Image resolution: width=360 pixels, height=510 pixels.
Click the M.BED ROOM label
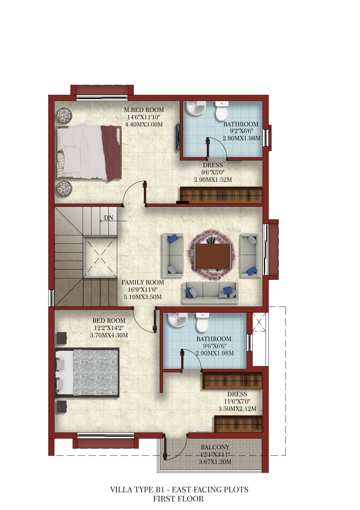point(144,110)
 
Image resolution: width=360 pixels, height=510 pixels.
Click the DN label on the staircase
point(108,218)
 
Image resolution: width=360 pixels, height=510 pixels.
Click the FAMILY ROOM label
point(143,282)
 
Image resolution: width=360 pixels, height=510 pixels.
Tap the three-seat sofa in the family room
point(210,293)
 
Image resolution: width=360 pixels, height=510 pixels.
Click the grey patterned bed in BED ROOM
point(87,373)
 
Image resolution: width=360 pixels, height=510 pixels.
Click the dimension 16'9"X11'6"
point(143,290)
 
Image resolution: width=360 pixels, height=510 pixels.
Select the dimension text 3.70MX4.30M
point(109,335)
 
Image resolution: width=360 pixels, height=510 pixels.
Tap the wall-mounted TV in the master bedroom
point(178,137)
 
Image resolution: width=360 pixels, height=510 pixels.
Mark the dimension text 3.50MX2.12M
point(237,409)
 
